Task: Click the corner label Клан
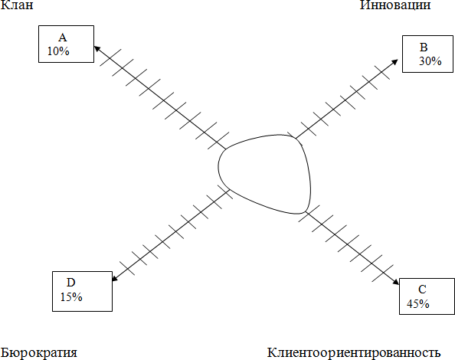(x=17, y=5)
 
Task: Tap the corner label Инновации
(x=395, y=5)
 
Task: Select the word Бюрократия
(x=39, y=353)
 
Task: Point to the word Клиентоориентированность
(x=354, y=353)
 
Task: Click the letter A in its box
(x=62, y=38)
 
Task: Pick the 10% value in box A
(x=58, y=51)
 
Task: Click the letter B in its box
(x=424, y=47)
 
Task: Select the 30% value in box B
(x=430, y=61)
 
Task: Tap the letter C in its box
(x=422, y=290)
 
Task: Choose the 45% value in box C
(x=418, y=304)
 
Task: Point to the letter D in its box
(x=70, y=283)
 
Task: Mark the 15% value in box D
(x=71, y=297)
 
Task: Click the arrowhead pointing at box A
(x=97, y=48)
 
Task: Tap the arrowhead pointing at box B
(x=395, y=62)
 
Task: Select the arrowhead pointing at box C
(x=396, y=282)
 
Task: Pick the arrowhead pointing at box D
(x=115, y=278)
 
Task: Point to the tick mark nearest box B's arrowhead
(x=382, y=72)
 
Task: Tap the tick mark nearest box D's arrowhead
(x=127, y=268)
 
